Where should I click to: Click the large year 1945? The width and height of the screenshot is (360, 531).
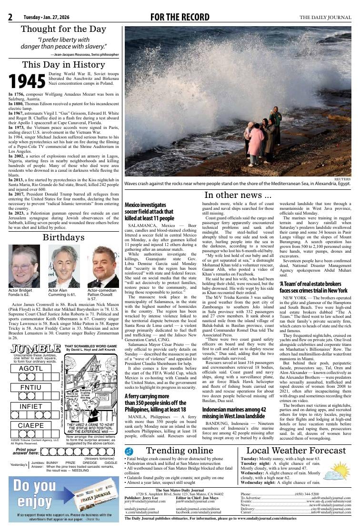[x=28, y=81]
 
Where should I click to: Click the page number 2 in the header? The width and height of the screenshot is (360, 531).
[x=10, y=18]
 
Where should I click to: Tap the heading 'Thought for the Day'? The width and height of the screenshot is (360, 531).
[x=63, y=29]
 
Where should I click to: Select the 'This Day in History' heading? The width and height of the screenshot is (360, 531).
[x=63, y=65]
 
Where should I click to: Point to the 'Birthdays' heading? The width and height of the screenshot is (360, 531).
[x=63, y=237]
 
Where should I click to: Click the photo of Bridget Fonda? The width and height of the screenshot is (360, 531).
[x=24, y=266]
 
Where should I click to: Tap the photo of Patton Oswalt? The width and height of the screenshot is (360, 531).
[x=103, y=266]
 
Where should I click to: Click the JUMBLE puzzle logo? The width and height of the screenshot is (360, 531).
[x=35, y=348]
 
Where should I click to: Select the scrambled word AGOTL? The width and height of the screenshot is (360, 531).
[x=31, y=369]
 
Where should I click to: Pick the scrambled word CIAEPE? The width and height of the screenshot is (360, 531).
[x=31, y=425]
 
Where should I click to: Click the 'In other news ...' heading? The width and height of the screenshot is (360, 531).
[x=238, y=195]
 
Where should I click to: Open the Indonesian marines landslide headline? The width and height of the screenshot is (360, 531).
[x=236, y=413]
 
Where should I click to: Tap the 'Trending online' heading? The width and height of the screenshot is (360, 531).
[x=180, y=450]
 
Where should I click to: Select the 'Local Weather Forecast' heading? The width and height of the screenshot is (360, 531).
[x=296, y=450]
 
